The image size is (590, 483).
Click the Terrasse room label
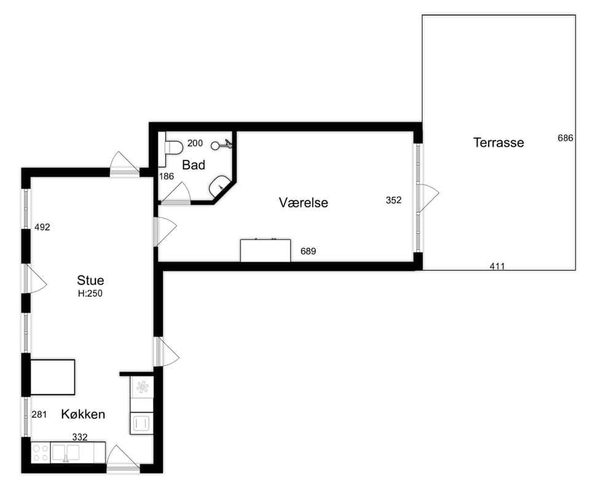pos(498,143)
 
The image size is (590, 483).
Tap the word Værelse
pos(303,202)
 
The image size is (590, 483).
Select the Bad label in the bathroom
pos(194,165)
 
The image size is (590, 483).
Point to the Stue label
pos(90,280)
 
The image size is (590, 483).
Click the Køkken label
pos(83,414)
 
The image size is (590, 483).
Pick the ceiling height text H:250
pos(90,293)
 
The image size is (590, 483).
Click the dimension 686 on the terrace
pos(565,138)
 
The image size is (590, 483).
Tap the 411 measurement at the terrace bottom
pos(497,266)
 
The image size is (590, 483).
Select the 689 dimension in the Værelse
pos(308,251)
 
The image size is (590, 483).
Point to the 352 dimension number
pos(393,200)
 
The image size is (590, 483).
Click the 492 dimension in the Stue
pos(42,227)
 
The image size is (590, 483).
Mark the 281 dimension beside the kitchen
pos(39,415)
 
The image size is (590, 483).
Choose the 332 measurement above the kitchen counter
pos(80,437)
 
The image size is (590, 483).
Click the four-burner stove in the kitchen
pos(41,453)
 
